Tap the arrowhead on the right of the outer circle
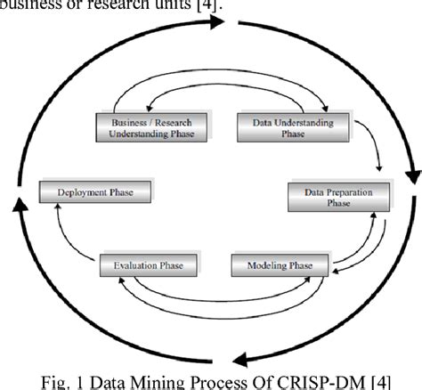tap(410, 174)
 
